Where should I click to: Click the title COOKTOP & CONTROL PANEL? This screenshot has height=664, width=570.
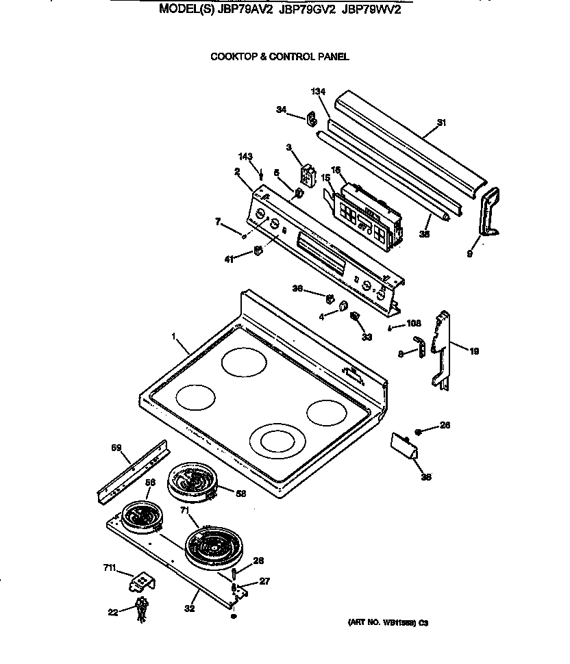point(280,57)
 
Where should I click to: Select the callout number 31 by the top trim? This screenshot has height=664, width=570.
point(441,123)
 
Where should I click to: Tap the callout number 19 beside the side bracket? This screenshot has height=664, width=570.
point(474,351)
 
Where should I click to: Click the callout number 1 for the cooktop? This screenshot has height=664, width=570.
point(174,337)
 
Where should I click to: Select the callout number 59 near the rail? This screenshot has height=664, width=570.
point(116,448)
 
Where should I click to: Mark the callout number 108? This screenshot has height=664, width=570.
point(414,326)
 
